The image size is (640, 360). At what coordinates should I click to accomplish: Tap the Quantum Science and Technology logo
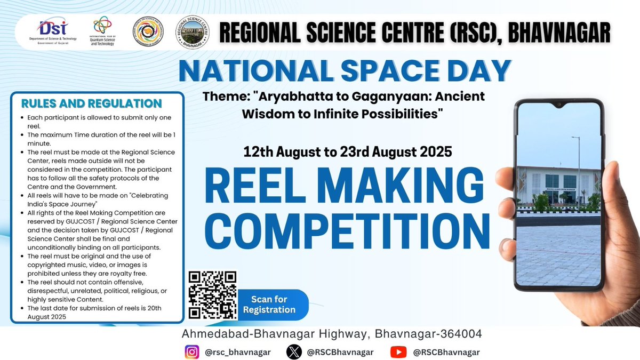[x=102, y=31]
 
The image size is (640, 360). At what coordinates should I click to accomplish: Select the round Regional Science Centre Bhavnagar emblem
[x=192, y=33]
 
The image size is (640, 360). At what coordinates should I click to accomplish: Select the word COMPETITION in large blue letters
[x=348, y=231]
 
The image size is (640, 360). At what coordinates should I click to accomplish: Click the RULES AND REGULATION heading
[x=91, y=103]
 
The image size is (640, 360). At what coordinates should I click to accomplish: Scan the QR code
[x=213, y=294]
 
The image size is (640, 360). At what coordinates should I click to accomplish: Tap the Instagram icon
[x=192, y=352]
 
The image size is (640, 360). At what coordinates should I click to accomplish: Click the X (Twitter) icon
[x=294, y=352]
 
